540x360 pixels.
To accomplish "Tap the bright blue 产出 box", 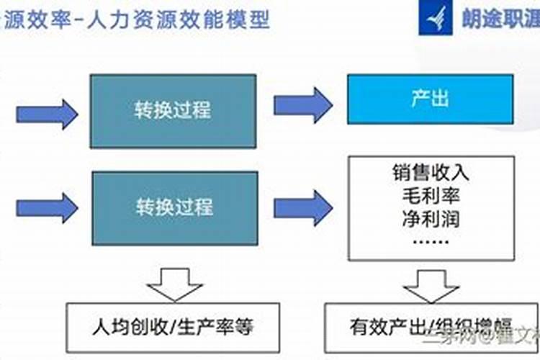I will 431,99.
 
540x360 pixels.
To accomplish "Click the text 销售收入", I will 431,174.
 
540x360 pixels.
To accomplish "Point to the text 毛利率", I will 431,196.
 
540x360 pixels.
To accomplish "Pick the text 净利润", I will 431,217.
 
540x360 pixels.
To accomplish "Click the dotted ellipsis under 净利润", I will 431,240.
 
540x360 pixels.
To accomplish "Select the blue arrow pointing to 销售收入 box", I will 302,207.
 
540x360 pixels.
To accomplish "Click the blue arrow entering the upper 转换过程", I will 47,112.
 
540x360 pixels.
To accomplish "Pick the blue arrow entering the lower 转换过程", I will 47,207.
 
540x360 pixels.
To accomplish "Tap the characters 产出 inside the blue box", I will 431,99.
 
